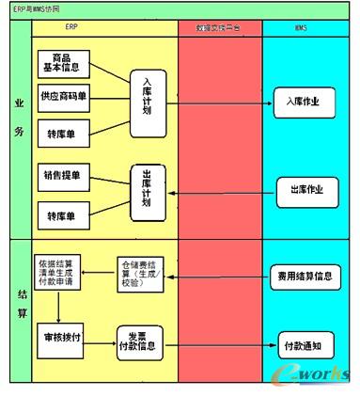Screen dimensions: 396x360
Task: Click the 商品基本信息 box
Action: pos(68,63)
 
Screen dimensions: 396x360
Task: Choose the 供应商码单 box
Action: pos(68,96)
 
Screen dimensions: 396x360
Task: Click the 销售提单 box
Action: pos(68,174)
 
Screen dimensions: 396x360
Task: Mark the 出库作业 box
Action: pos(301,189)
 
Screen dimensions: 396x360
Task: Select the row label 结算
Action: pos(21,310)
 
